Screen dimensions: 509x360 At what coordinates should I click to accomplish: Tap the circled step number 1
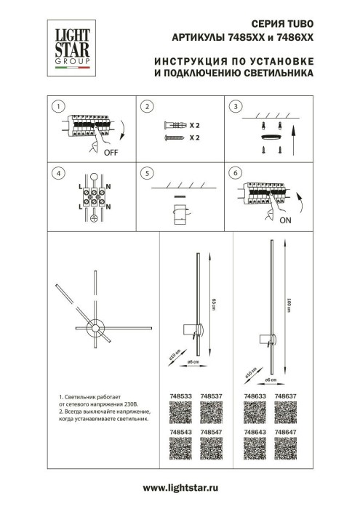56,107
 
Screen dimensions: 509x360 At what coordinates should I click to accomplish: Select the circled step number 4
56,174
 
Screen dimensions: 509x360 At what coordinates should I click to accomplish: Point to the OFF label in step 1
110,153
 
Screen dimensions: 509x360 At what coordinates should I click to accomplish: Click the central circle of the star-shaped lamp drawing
95,330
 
